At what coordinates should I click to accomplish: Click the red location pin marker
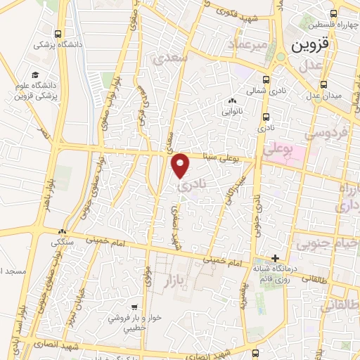tap(181, 165)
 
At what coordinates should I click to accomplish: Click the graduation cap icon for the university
tap(34, 75)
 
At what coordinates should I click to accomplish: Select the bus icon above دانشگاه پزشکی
tap(56, 34)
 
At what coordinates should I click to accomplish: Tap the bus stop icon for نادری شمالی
tap(266, 79)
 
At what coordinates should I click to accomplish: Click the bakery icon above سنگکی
tap(63, 231)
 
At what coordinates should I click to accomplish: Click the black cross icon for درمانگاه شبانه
tap(276, 258)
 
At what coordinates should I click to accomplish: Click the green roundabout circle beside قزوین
tap(281, 57)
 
